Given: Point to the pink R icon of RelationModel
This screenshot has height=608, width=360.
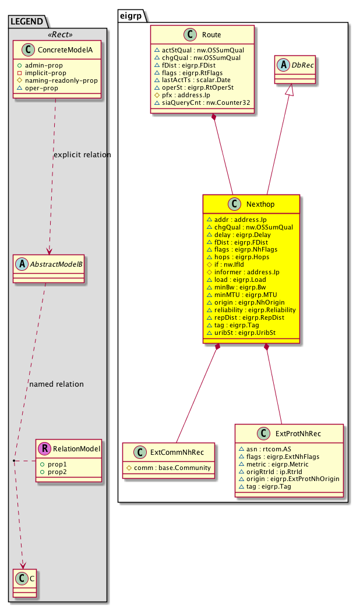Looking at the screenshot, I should pos(44,448).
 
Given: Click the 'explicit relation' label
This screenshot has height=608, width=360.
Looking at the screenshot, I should pos(82,155).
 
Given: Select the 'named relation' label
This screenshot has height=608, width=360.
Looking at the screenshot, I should pos(57,384).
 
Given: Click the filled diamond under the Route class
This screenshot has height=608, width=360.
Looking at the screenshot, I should pos(214,118).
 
